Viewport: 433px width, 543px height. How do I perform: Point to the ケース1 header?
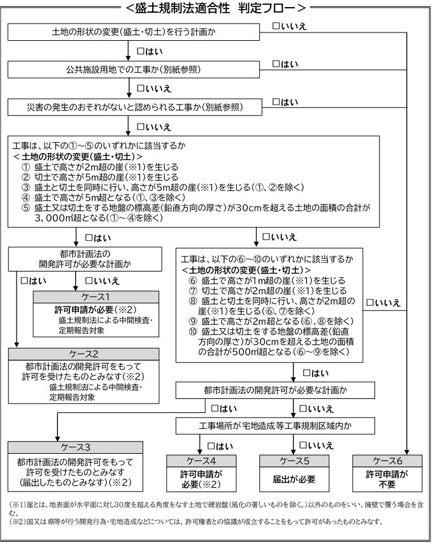point(96,298)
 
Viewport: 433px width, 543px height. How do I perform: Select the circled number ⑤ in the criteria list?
point(25,208)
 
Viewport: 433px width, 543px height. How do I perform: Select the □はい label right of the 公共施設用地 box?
point(285,63)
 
